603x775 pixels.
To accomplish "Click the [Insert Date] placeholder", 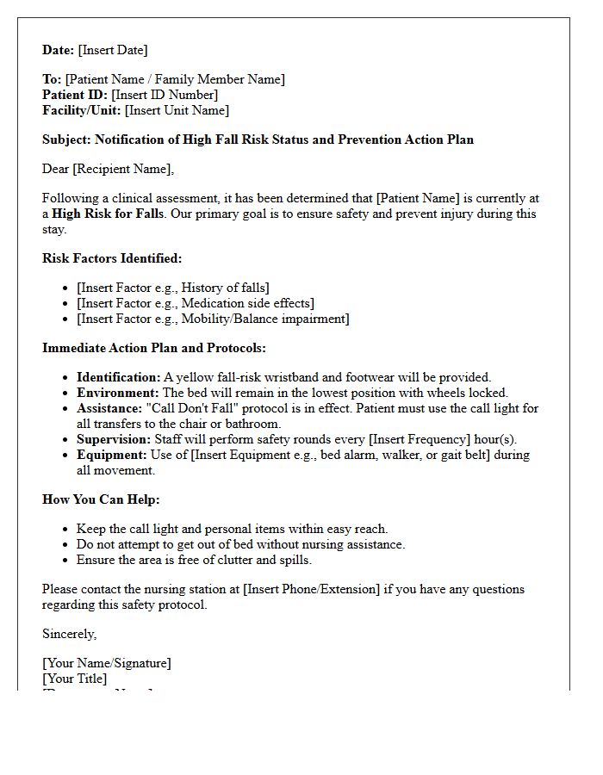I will pyautogui.click(x=113, y=50).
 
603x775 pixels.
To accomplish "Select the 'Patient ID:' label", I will pyautogui.click(x=75, y=95).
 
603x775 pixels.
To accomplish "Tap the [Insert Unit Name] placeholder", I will pyautogui.click(x=177, y=110).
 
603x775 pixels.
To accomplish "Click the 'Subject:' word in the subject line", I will pyautogui.click(x=66, y=139).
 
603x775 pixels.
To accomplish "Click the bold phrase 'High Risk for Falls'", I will pyautogui.click(x=108, y=214).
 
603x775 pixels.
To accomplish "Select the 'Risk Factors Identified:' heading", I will pyautogui.click(x=112, y=258).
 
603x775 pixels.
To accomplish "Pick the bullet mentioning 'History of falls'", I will pyautogui.click(x=172, y=288).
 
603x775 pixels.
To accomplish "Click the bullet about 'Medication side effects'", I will pyautogui.click(x=195, y=303).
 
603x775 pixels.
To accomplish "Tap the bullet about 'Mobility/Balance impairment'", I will pyautogui.click(x=212, y=319).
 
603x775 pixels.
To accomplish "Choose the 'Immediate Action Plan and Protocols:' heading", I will pyautogui.click(x=154, y=348).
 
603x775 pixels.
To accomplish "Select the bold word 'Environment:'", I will pyautogui.click(x=118, y=393).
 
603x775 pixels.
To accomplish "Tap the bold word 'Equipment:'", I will pyautogui.click(x=112, y=455).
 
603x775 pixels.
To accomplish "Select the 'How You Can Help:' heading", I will pyautogui.click(x=101, y=499).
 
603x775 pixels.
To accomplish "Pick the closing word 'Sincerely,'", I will pyautogui.click(x=70, y=634).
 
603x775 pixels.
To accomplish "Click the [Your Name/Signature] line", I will pyautogui.click(x=107, y=663).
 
